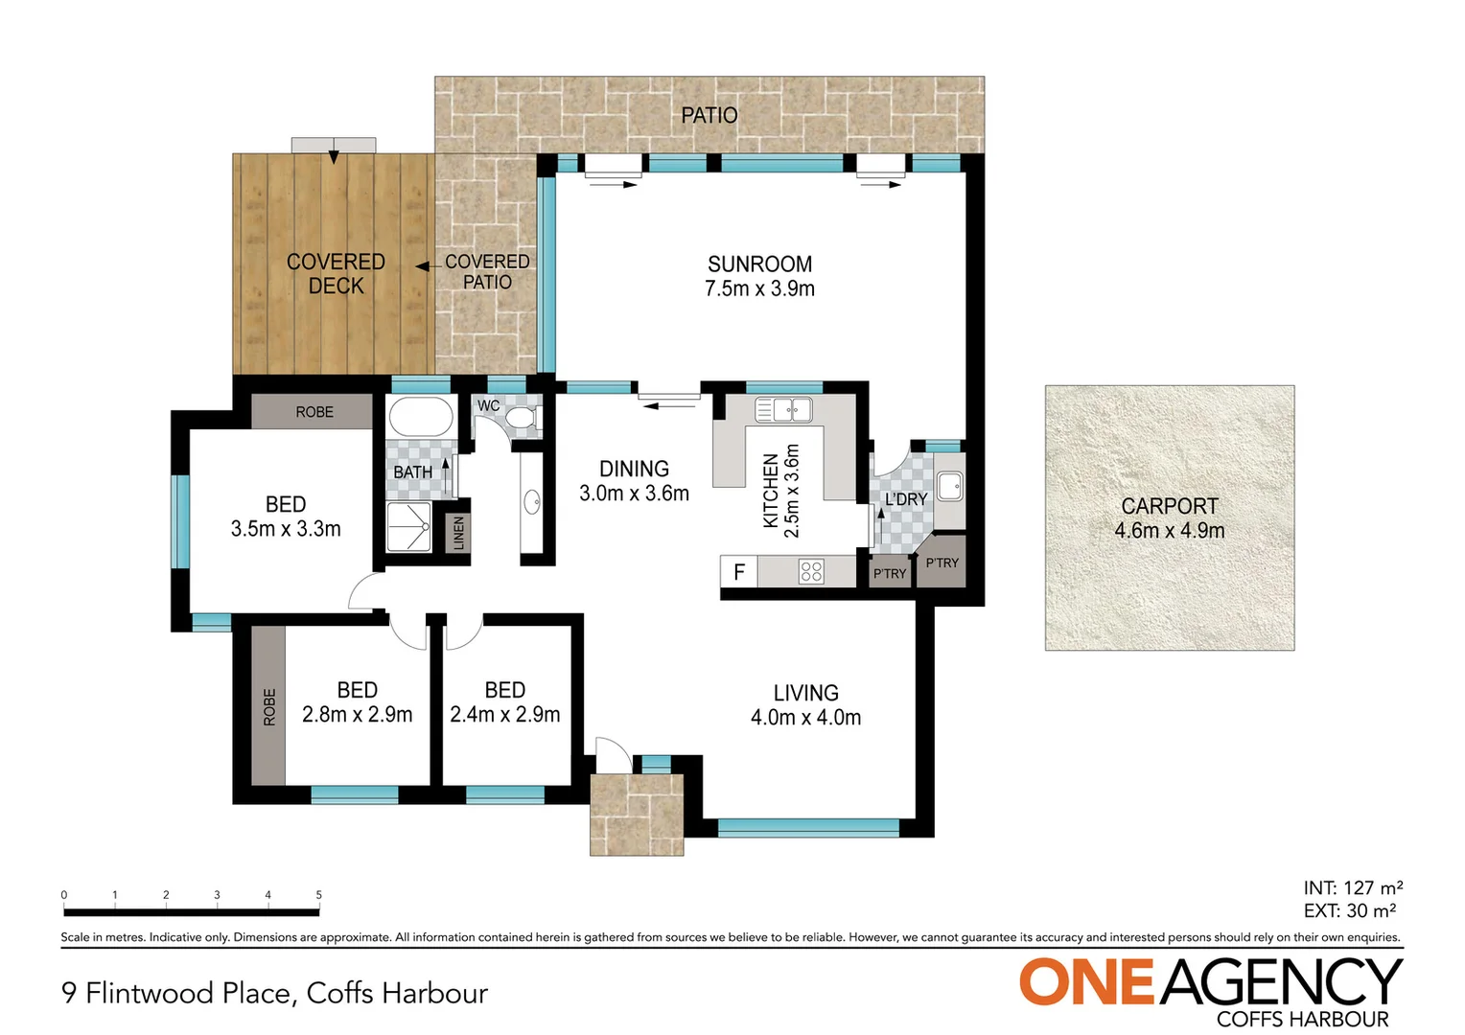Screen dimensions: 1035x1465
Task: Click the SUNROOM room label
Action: coord(759,265)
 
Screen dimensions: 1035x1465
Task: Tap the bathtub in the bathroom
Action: coord(420,419)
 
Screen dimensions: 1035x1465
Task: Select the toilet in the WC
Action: coord(522,419)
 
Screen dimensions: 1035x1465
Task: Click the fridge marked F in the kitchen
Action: coord(739,572)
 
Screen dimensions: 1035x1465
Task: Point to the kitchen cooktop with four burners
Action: coord(811,572)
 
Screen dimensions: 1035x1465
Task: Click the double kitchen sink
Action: coord(783,410)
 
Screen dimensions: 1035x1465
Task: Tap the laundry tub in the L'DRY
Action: coord(949,487)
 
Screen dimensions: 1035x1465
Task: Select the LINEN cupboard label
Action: coord(458,533)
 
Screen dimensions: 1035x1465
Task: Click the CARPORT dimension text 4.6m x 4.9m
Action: coord(1169,531)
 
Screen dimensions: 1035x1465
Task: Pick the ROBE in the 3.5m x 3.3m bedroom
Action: coord(314,412)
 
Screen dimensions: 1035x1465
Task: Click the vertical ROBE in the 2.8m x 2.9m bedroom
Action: coord(269,706)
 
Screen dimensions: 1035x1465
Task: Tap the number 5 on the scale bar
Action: coord(319,895)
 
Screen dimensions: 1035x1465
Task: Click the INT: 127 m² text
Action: coord(1353,888)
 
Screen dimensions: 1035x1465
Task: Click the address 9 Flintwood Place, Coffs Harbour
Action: coord(274,993)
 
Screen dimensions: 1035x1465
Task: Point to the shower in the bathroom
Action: coord(408,526)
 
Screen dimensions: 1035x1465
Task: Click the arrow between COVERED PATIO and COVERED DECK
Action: coord(422,266)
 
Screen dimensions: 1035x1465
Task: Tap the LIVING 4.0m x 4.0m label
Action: coord(805,704)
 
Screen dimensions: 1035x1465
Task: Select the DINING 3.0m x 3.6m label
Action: coord(634,481)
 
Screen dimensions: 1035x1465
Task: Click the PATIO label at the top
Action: coord(709,116)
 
